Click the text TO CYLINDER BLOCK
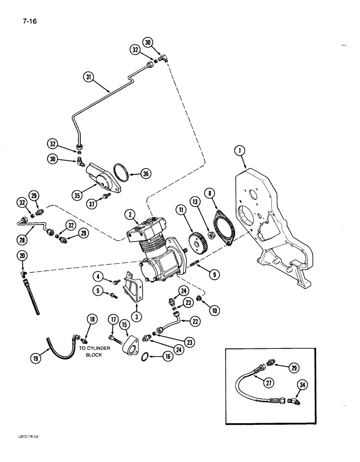point(94,352)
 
